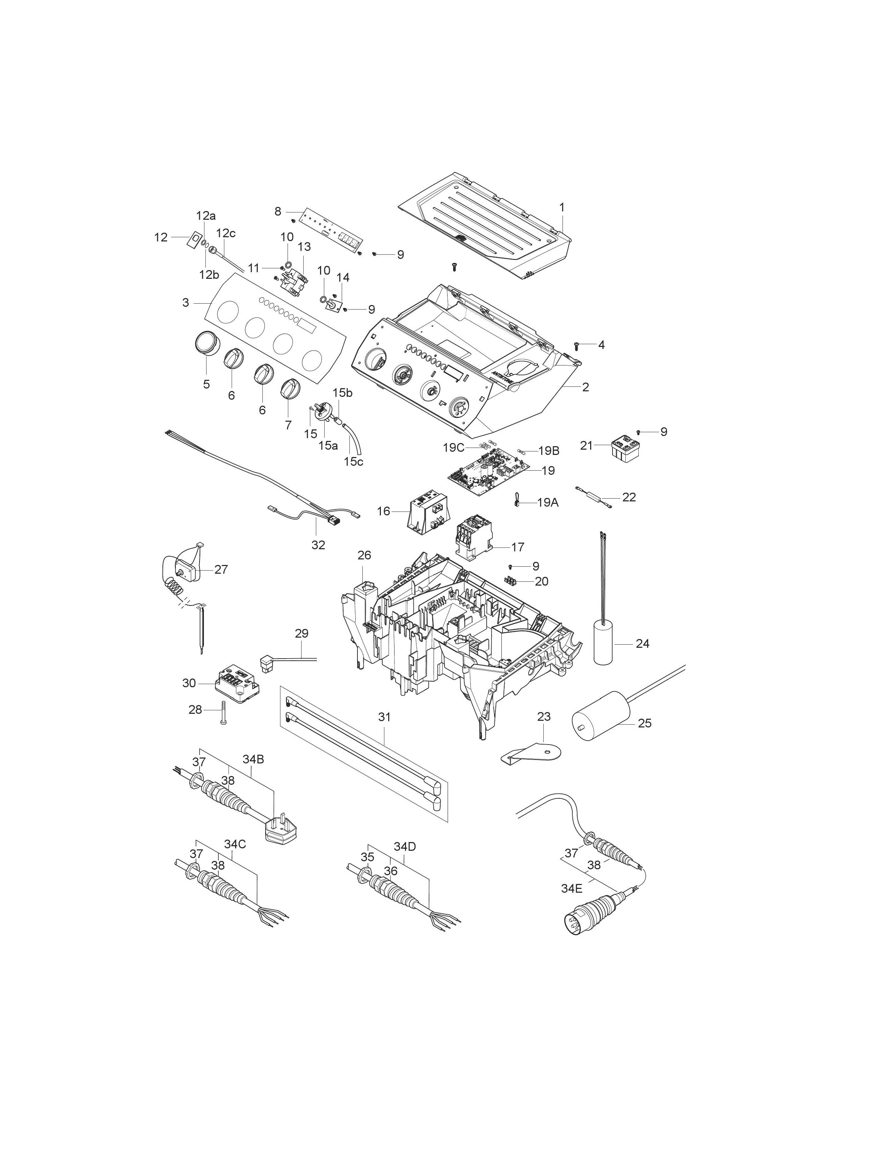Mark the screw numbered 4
[x=577, y=346]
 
